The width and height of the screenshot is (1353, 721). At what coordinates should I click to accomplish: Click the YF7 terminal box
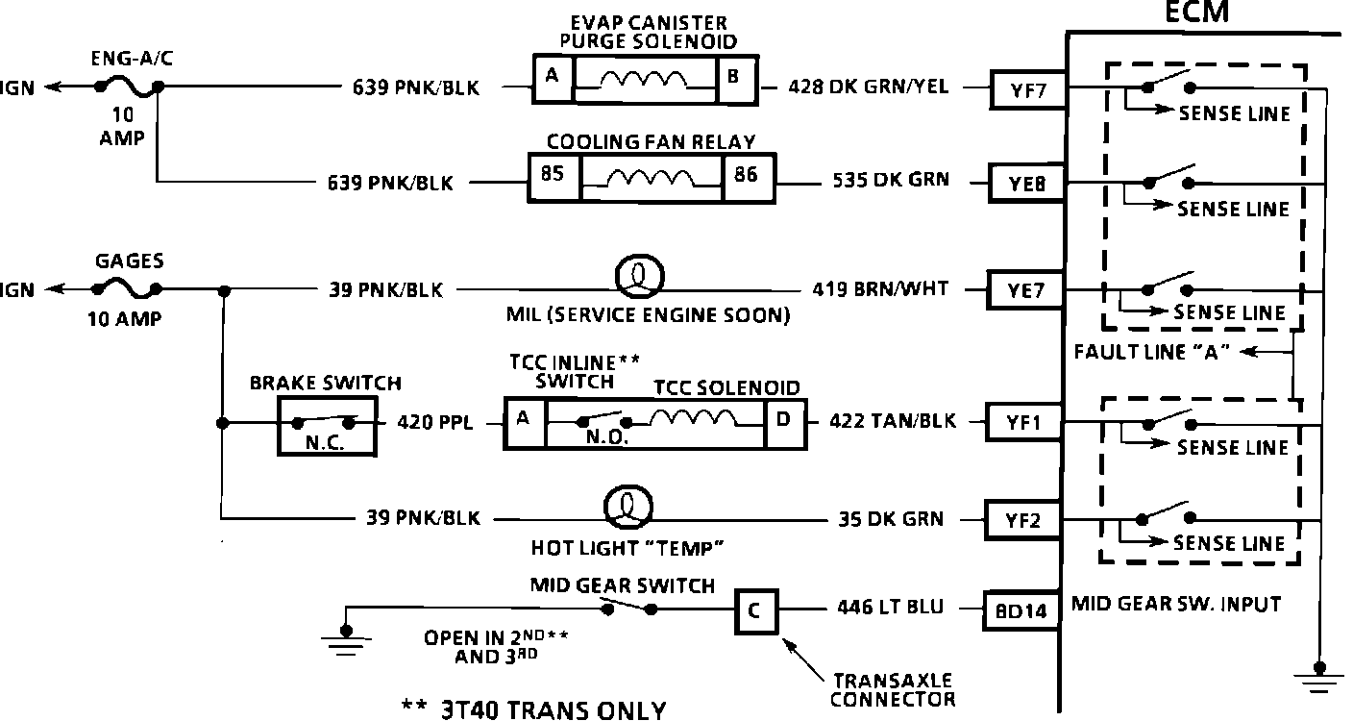(1024, 91)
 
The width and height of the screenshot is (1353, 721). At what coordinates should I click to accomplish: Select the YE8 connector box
(1024, 182)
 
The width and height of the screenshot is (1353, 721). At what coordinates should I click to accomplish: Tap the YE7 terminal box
(1024, 289)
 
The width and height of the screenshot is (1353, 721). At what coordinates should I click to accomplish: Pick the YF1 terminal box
(1024, 422)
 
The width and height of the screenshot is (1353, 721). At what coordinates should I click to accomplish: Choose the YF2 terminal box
(1024, 520)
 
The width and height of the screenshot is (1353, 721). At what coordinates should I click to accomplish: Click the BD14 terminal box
(1022, 609)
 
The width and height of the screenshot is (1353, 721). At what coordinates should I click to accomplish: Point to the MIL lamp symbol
(636, 277)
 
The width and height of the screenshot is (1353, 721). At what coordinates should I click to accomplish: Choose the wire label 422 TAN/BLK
(881, 422)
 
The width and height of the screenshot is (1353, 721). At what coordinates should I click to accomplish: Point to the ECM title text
(1196, 12)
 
